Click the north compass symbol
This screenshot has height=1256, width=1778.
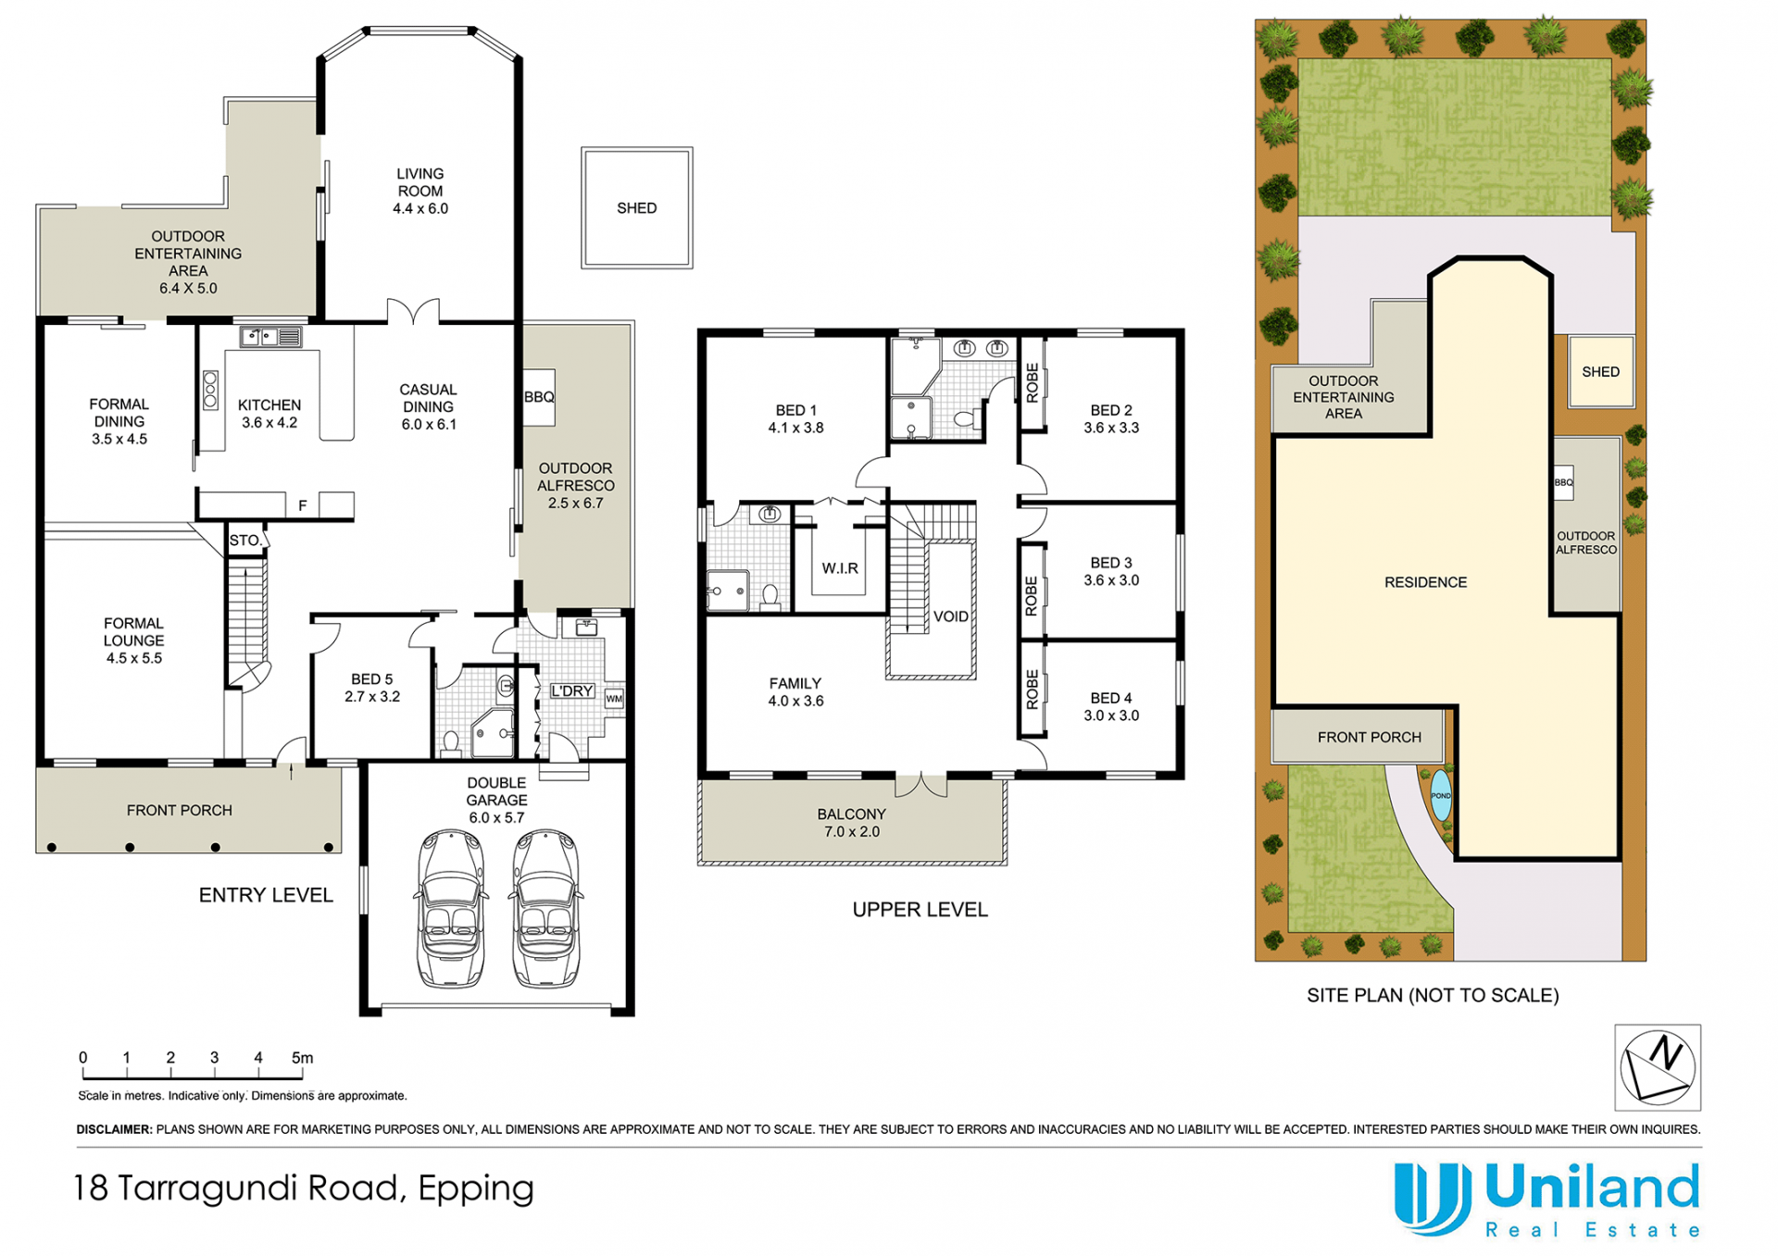(1658, 1067)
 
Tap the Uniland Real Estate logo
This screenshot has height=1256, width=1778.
(1547, 1200)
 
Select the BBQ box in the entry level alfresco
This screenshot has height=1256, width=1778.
(539, 397)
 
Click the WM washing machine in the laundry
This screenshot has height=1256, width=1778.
(614, 699)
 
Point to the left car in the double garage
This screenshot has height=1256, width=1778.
(451, 909)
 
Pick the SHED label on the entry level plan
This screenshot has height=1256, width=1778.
(637, 208)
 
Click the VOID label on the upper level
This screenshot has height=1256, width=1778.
(951, 616)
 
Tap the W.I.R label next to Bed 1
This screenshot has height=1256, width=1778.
(840, 568)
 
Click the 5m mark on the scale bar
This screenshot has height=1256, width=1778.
(302, 1058)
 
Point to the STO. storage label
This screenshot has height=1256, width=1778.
(245, 541)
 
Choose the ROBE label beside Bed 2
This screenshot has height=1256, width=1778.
(1033, 382)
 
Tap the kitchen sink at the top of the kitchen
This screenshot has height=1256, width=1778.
(270, 337)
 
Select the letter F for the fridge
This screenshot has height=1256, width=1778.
(303, 505)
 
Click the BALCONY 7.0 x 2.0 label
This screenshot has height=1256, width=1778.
(852, 823)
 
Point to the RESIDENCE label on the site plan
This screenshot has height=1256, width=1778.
(1425, 582)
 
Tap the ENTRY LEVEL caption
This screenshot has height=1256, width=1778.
(266, 895)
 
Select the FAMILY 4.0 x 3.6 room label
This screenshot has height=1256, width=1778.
(795, 692)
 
